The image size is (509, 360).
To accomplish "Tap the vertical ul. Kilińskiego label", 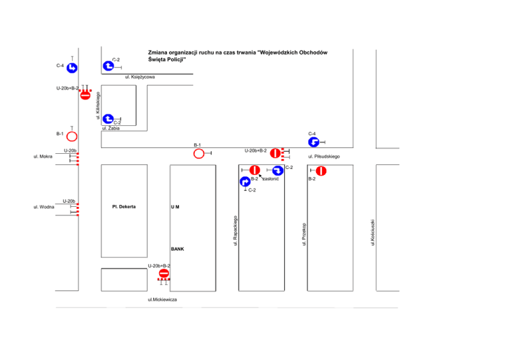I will click(99, 107).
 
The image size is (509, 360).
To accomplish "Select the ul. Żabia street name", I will click(111, 128).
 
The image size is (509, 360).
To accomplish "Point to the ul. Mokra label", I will click(43, 157).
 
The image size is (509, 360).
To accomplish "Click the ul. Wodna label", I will click(43, 207).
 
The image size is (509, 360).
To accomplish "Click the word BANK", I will click(177, 249).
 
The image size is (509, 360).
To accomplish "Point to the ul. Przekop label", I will click(304, 234).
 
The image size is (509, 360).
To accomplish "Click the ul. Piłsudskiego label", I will click(324, 157).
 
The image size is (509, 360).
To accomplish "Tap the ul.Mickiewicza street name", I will click(163, 300).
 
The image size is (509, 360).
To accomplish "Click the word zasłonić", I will click(270, 179).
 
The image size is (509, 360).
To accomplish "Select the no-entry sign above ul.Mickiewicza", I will click(164, 274).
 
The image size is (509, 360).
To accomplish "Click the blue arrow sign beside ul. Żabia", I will click(107, 119).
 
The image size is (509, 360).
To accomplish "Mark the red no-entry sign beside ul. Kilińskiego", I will click(85, 95).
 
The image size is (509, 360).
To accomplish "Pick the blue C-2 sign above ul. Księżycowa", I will click(107, 66).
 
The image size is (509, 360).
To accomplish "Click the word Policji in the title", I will click(172, 60).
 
